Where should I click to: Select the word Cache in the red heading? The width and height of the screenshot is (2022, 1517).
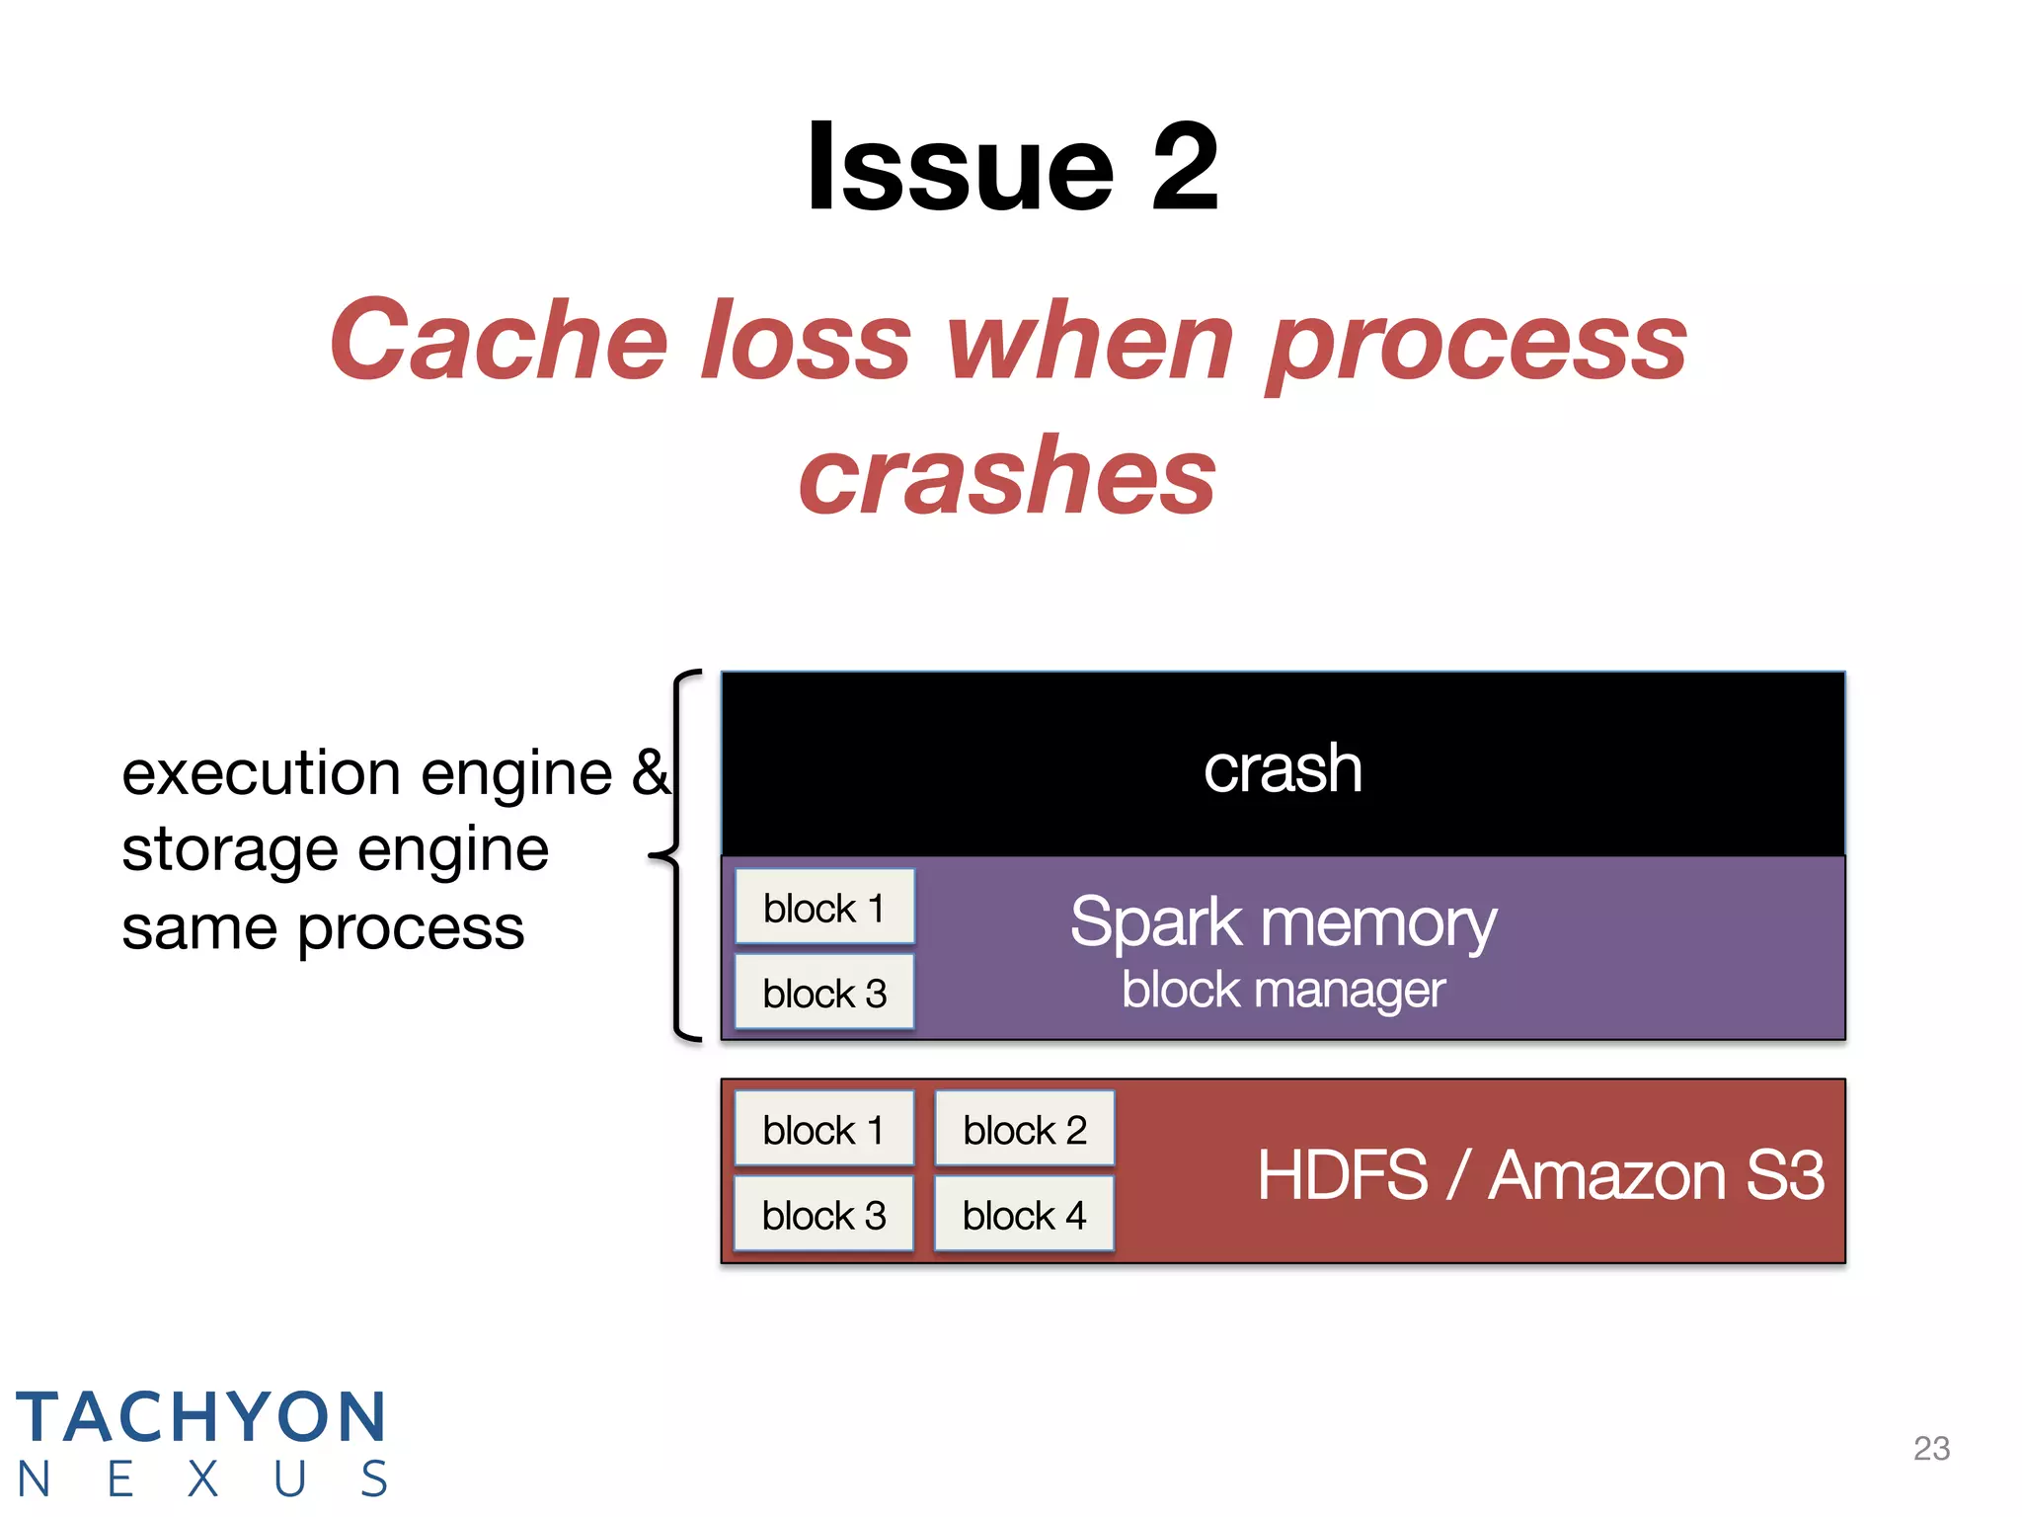[x=500, y=341]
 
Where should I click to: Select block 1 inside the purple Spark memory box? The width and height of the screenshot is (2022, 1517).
[x=824, y=908]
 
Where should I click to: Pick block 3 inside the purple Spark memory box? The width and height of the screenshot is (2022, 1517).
[x=824, y=993]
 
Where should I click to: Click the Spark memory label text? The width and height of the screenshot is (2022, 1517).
[x=1283, y=922]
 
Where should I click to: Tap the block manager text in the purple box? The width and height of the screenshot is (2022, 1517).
[x=1283, y=990]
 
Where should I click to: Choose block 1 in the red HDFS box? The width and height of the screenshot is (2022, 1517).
[x=824, y=1129]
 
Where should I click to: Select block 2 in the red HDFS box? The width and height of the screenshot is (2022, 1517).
[x=1025, y=1129]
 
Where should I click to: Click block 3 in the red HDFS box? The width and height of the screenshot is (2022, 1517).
[x=824, y=1214]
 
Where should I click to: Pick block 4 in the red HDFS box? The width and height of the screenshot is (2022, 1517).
[x=1025, y=1214]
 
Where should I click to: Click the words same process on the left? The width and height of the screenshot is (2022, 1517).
[x=323, y=928]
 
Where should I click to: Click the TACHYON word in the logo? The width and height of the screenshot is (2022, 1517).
[x=201, y=1417]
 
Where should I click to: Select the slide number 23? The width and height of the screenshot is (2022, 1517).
[x=1931, y=1448]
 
